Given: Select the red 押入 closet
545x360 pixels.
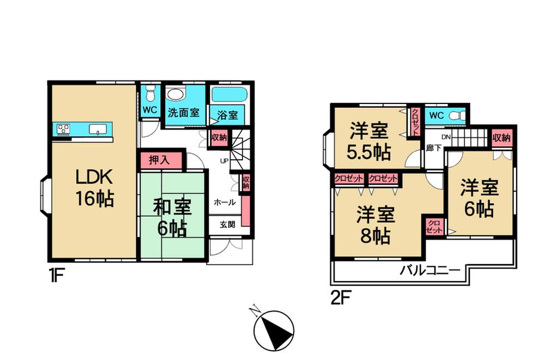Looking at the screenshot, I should [159, 160].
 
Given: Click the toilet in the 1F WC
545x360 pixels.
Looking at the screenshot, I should [151, 94].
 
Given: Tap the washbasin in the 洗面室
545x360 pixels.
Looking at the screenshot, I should [176, 95].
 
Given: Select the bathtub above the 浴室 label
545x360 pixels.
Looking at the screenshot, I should [229, 94].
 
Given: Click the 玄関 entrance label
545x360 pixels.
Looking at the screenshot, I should [227, 224].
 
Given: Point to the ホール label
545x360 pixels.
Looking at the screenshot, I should [225, 202].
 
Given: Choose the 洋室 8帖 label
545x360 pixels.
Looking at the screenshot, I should [376, 225].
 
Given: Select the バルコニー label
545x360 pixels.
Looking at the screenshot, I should [431, 270].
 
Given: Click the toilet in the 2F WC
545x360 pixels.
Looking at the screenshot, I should [461, 115].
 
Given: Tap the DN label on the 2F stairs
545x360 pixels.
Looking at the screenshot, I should [446, 137].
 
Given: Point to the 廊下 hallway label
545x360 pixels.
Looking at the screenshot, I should [434, 148].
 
